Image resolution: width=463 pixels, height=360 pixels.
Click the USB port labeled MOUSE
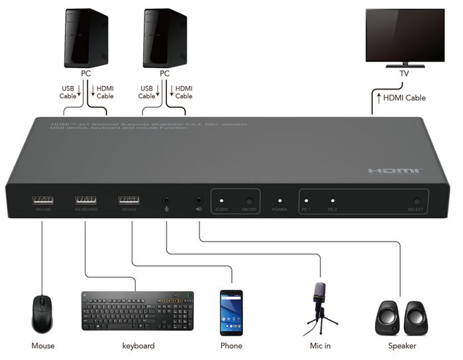pyautogui.click(x=42, y=199)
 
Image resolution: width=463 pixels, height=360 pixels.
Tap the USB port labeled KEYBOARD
pyautogui.click(x=85, y=199)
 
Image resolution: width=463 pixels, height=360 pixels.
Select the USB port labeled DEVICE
pyautogui.click(x=129, y=199)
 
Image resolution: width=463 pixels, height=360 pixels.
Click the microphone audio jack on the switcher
pyautogui.click(x=166, y=200)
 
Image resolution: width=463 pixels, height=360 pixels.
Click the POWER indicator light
pyautogui.click(x=280, y=200)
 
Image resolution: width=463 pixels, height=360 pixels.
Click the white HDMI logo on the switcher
pyautogui.click(x=395, y=171)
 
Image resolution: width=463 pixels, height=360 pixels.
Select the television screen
pyautogui.click(x=405, y=34)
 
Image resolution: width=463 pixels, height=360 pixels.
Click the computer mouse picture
pyautogui.click(x=42, y=314)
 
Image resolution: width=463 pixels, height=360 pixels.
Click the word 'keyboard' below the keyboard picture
pyautogui.click(x=138, y=346)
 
